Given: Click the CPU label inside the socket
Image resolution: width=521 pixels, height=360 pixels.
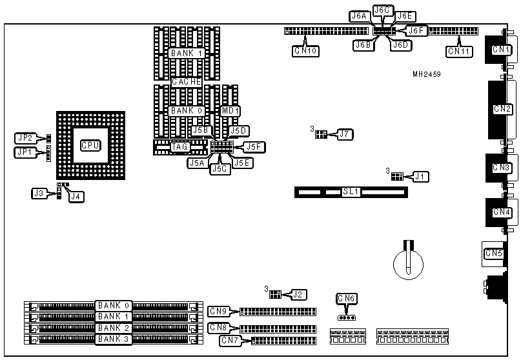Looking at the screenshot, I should pyautogui.click(x=90, y=145).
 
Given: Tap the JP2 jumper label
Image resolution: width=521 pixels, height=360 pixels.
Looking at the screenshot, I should pyautogui.click(x=25, y=137).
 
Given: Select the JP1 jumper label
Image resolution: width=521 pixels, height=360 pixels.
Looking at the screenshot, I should pyautogui.click(x=25, y=152).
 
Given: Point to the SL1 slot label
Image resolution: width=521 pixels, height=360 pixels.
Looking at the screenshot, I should pyautogui.click(x=351, y=192).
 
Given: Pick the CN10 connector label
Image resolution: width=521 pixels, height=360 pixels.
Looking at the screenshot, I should pyautogui.click(x=305, y=50).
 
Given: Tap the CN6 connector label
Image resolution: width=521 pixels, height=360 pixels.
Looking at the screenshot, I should pyautogui.click(x=347, y=298).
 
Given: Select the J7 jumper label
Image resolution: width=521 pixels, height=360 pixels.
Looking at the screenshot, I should pyautogui.click(x=345, y=134).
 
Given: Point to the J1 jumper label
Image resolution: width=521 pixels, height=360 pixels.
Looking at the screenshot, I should pyautogui.click(x=420, y=175).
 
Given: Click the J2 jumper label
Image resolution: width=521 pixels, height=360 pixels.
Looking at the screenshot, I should pyautogui.click(x=298, y=294).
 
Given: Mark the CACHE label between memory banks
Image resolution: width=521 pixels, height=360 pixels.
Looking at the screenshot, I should pyautogui.click(x=187, y=82).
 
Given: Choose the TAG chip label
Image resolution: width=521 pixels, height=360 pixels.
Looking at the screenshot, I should pyautogui.click(x=180, y=147).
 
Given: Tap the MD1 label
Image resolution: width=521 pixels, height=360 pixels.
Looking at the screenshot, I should pyautogui.click(x=230, y=111).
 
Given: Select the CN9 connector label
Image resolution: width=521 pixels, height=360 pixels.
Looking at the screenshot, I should pyautogui.click(x=218, y=312).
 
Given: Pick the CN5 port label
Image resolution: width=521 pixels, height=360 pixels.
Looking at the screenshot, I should pyautogui.click(x=494, y=254).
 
